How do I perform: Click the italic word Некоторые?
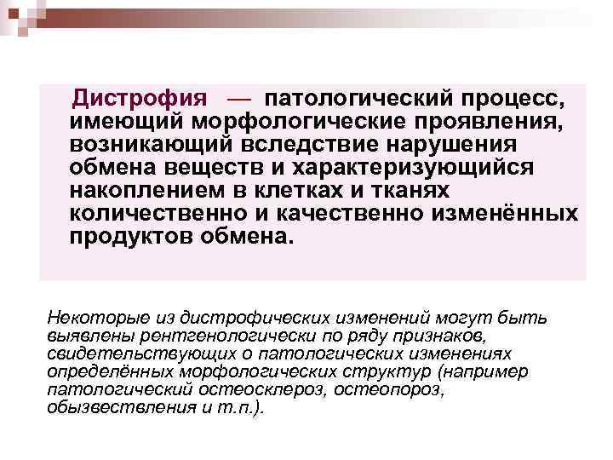pyautogui.click(x=89, y=318)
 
